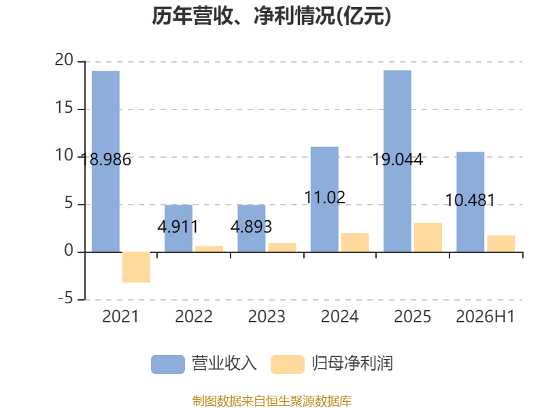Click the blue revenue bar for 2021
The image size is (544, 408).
(105, 161)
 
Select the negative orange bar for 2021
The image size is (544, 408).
(137, 267)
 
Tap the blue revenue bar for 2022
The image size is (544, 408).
(178, 228)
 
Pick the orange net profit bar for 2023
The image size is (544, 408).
(282, 248)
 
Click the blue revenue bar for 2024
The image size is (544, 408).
(324, 199)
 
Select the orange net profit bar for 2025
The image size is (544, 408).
(428, 237)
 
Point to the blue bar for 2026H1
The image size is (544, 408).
(470, 202)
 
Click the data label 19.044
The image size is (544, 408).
(398, 160)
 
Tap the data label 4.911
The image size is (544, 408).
(177, 227)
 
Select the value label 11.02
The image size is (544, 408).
(324, 197)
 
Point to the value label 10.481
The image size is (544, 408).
(470, 200)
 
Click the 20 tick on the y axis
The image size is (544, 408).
(64, 60)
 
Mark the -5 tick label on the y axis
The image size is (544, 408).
(65, 298)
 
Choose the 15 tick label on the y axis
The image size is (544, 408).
(64, 107)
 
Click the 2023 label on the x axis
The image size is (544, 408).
(267, 316)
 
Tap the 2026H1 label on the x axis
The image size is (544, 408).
(485, 316)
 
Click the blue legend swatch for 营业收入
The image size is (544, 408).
(168, 364)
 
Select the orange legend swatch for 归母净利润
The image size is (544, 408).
(288, 364)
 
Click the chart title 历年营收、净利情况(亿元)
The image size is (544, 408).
(271, 16)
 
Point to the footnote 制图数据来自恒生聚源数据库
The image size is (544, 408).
(272, 401)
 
